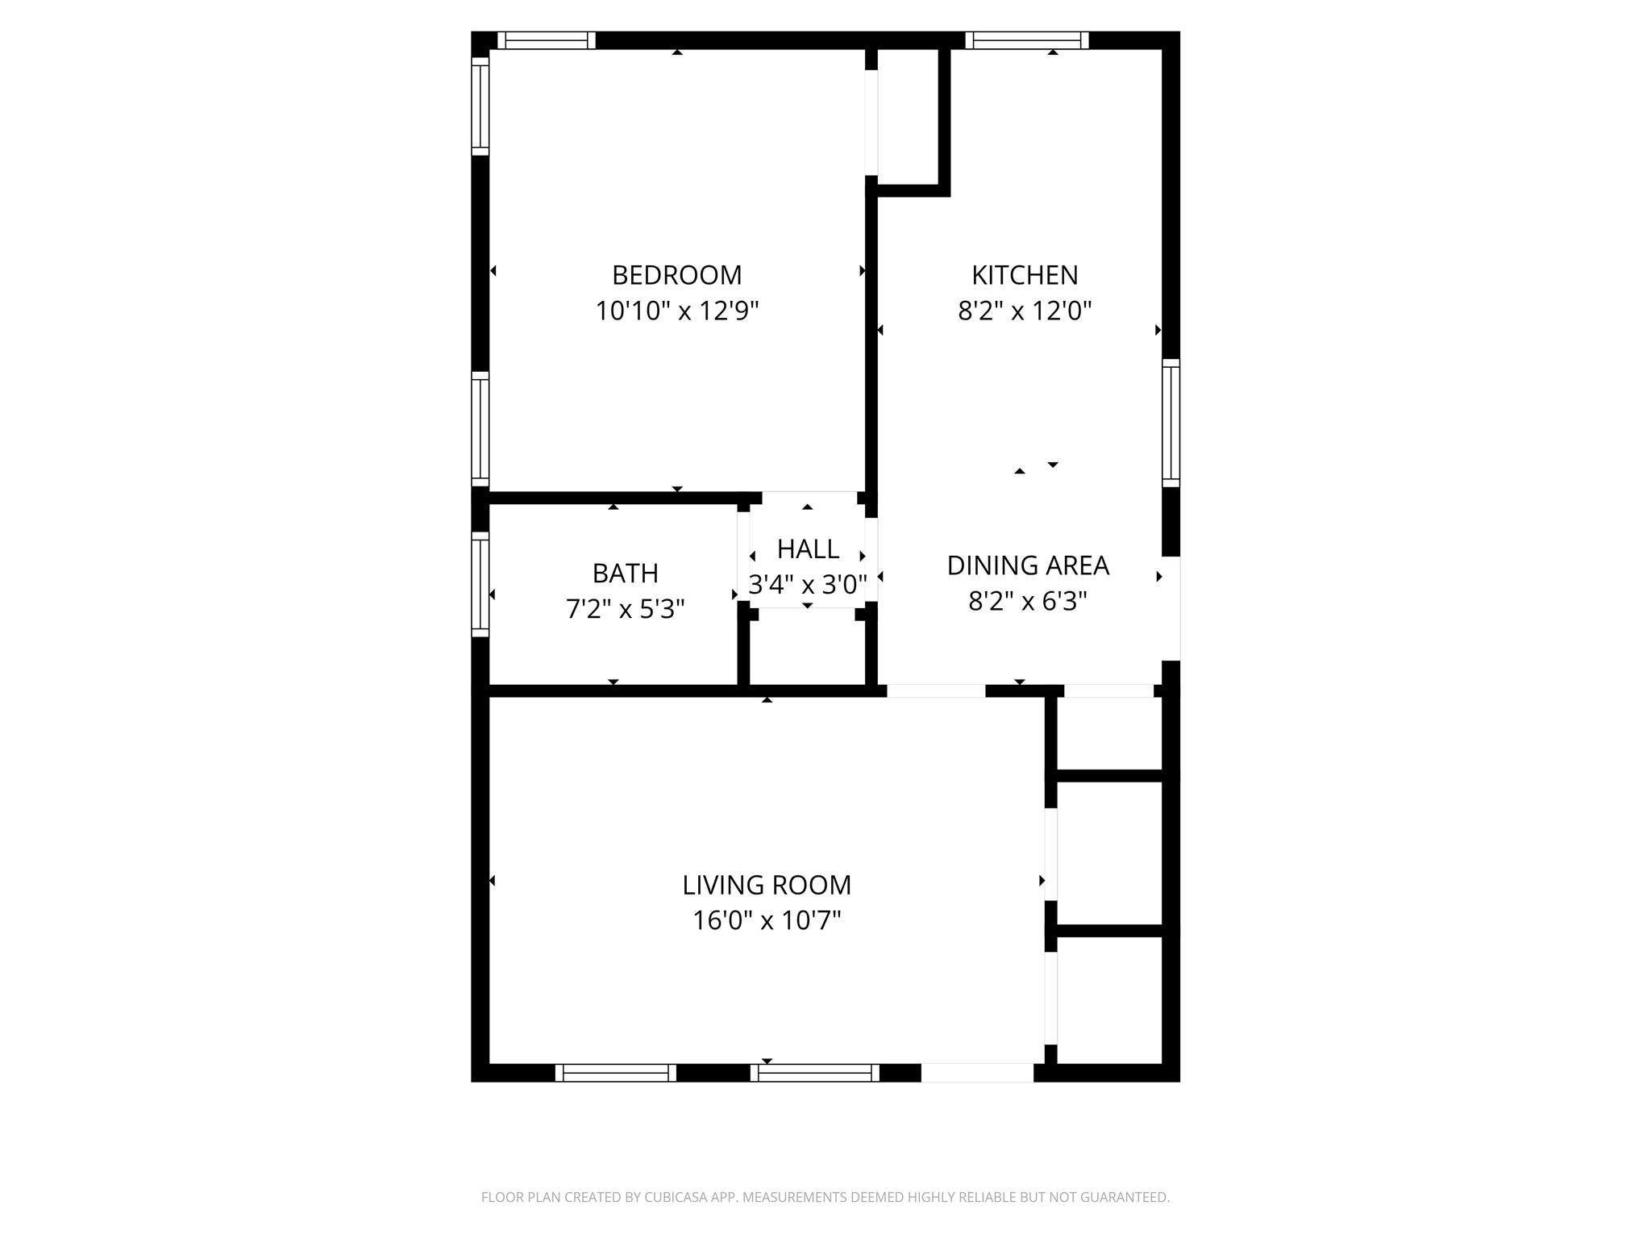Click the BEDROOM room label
[676, 275]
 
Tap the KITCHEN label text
[1025, 275]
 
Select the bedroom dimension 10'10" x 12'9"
[677, 311]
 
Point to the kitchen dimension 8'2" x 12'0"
[1025, 311]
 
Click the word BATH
[625, 574]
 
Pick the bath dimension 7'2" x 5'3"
[625, 609]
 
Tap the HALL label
[808, 549]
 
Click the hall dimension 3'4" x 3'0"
[808, 584]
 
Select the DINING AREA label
[1028, 566]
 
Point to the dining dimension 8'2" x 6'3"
[1028, 602]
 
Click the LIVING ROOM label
[767, 886]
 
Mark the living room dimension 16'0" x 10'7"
[767, 920]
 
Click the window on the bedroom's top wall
[546, 40]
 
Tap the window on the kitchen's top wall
[1027, 40]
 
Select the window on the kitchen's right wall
[1171, 423]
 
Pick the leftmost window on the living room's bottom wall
[616, 1073]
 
